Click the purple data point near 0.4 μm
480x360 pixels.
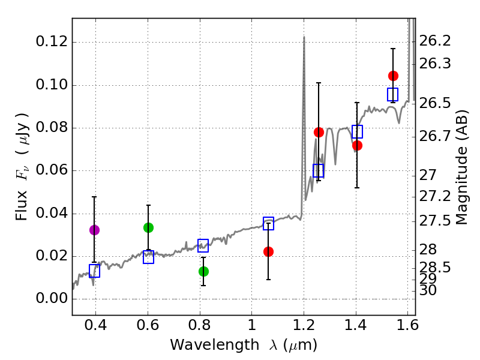94,230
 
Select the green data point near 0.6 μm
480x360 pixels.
148,227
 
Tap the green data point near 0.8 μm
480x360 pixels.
203,271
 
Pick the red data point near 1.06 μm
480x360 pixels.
268,251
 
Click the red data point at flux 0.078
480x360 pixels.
319,132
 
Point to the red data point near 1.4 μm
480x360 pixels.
357,145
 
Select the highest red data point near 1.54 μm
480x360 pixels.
393,76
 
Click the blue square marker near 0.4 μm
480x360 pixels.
94,271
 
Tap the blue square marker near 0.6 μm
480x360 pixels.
148,257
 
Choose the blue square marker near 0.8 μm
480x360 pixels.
203,245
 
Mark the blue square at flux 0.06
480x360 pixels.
319,171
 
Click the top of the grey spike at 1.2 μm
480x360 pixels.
304,37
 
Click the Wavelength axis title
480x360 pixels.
243,345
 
